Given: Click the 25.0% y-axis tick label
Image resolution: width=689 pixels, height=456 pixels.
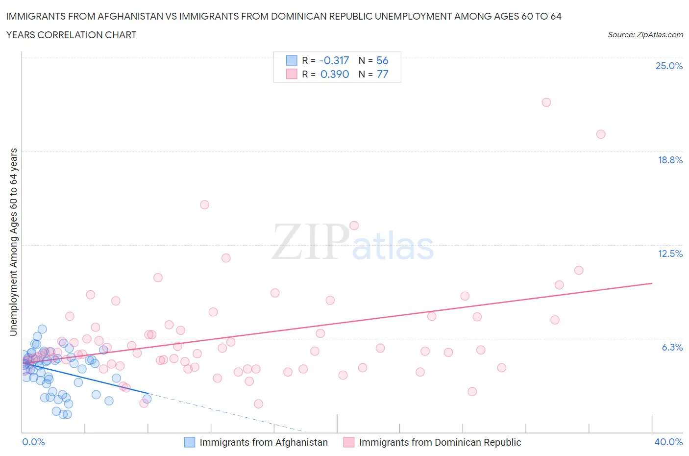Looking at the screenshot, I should coord(669,66).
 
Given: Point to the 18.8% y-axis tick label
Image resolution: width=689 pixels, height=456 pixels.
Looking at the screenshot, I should coord(670,160).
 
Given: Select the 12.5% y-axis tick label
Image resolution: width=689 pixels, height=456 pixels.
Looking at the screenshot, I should coord(670,253).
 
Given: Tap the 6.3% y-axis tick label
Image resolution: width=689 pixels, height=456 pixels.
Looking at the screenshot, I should coord(672,347).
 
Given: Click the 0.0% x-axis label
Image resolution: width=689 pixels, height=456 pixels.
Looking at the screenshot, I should coord(33,442).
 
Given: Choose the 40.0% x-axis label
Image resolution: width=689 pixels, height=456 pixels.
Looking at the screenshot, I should coord(668,442).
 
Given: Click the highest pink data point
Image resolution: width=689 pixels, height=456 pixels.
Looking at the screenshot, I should coord(546,102).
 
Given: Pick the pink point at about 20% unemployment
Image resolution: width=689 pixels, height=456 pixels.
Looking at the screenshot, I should coord(601,134).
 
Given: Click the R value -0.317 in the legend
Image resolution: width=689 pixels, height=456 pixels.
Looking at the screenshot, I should coord(334,60).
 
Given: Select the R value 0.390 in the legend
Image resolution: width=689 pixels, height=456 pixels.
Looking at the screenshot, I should coord(334,74).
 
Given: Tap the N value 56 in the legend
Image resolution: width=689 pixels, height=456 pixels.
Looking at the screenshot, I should coord(382,60).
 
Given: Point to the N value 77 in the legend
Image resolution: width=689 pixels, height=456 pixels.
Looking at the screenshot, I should coord(382,74).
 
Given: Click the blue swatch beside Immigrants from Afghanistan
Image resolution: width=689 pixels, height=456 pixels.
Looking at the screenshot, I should coord(190,442).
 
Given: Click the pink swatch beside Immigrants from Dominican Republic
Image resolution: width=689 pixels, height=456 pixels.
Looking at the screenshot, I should coord(349,442).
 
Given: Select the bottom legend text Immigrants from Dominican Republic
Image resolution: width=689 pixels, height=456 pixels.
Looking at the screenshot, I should coord(440,442).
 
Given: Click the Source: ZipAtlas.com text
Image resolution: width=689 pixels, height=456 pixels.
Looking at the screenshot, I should coord(645,35).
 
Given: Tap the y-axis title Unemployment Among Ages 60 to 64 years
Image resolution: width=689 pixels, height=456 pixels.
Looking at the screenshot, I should coord(14,242).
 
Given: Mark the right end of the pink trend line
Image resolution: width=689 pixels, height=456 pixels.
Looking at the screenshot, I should coord(652,283).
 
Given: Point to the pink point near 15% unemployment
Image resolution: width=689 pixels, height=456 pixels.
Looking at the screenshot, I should coord(204,204).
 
